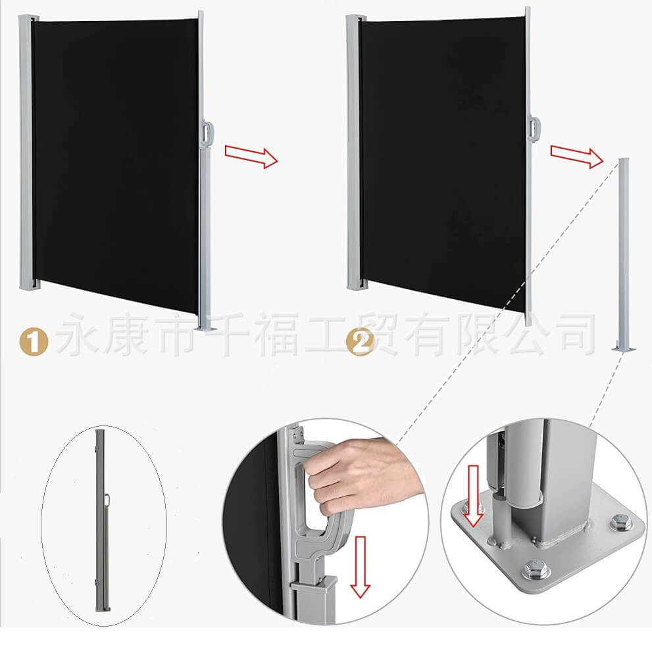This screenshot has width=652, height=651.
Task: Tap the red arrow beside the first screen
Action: pyautogui.click(x=251, y=155)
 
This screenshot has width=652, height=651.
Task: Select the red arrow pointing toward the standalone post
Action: pyautogui.click(x=576, y=155)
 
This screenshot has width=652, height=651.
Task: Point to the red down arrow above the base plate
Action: pyautogui.click(x=472, y=502)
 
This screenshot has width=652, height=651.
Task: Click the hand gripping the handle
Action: pyautogui.click(x=359, y=472)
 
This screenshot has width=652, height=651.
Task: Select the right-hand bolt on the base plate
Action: pyautogui.click(x=619, y=523)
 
